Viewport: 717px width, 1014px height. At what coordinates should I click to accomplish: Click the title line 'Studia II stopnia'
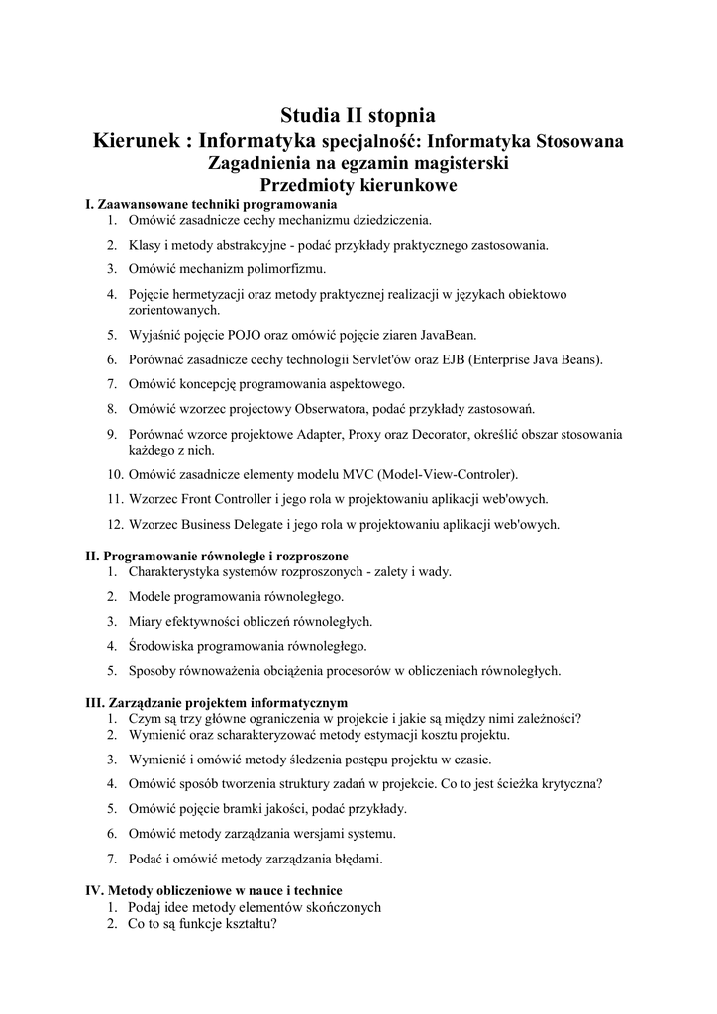(358, 116)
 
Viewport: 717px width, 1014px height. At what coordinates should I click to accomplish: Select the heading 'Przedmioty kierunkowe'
(358, 185)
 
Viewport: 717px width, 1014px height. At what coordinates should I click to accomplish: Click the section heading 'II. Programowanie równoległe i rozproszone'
(217, 557)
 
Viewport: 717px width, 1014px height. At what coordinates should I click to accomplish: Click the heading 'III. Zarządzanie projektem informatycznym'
(217, 703)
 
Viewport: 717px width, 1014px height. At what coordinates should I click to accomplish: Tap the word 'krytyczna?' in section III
(569, 783)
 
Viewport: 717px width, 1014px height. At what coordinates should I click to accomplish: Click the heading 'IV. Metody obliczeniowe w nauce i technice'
(215, 891)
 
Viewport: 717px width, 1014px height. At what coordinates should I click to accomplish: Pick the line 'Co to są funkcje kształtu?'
(202, 924)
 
